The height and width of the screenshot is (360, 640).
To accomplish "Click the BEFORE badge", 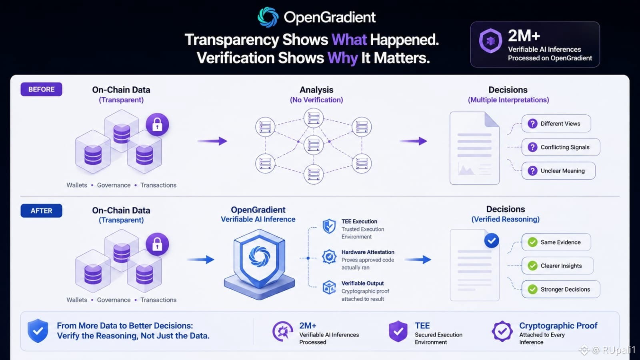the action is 42,90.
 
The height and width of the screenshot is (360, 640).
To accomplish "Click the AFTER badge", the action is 42,211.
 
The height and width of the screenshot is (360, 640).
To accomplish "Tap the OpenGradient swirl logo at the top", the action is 268,17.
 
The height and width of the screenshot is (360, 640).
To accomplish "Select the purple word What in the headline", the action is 349,40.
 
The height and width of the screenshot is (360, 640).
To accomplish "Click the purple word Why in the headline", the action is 342,58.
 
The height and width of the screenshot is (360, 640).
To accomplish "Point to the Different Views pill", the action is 556,124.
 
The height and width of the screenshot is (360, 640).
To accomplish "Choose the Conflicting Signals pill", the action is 560,147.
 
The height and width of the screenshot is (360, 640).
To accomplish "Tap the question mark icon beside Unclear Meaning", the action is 532,171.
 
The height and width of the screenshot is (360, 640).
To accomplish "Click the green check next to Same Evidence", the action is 532,242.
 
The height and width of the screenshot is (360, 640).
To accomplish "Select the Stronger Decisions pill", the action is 560,290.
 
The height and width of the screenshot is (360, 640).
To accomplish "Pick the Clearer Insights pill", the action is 558,266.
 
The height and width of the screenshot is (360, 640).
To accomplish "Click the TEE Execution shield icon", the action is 329,226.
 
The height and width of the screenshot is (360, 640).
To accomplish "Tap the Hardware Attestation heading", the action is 368,252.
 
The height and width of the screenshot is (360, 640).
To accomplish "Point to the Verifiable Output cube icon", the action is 329,287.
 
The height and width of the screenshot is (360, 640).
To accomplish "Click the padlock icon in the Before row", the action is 157,124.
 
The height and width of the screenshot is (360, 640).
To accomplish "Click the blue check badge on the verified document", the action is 492,240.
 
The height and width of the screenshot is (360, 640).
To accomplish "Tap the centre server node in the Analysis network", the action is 314,145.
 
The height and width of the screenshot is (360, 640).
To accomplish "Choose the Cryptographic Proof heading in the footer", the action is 558,326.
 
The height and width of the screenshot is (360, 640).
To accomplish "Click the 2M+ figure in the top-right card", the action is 524,36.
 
